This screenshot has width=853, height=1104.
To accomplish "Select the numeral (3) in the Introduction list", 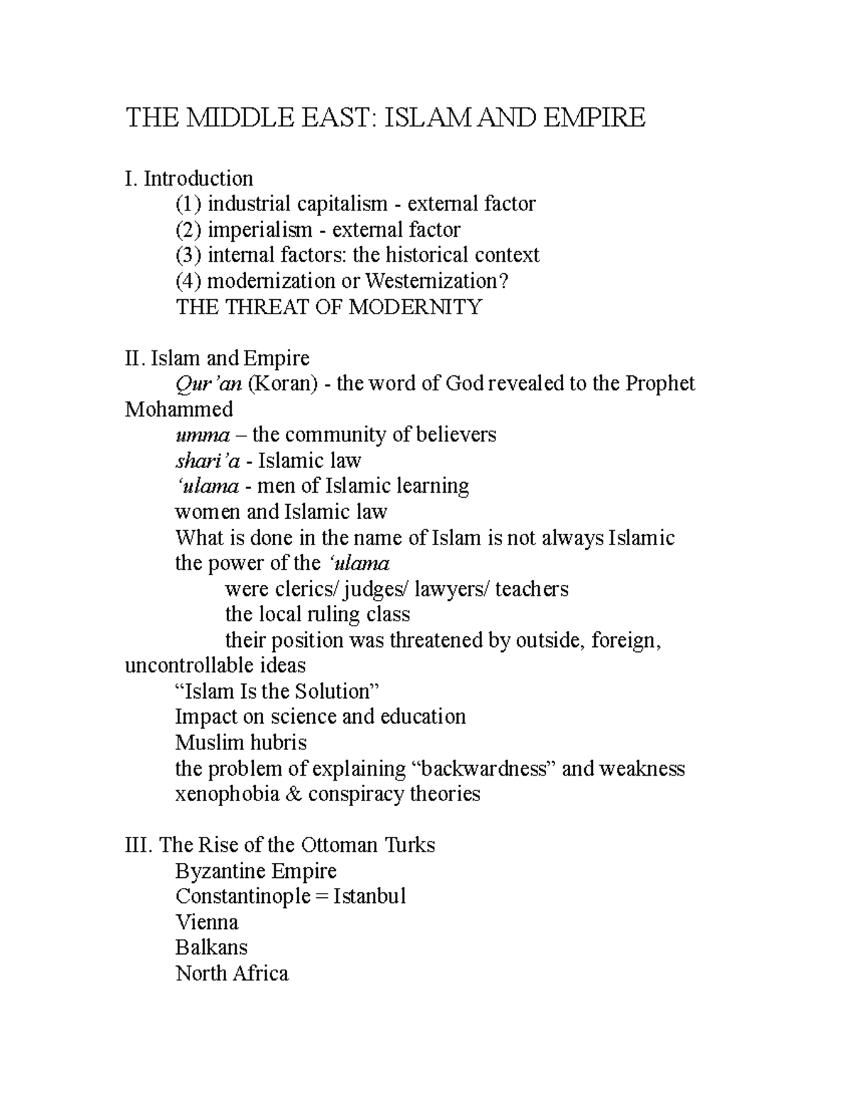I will [x=188, y=255].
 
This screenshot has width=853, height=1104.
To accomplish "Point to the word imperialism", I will [x=259, y=230].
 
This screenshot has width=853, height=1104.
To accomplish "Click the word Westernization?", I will [x=437, y=281].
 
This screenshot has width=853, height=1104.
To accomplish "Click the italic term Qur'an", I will [x=208, y=384].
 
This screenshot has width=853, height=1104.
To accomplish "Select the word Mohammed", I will [x=178, y=409].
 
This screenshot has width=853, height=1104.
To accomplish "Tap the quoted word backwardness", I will [x=483, y=768].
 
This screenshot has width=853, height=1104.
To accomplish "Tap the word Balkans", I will [x=211, y=948].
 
